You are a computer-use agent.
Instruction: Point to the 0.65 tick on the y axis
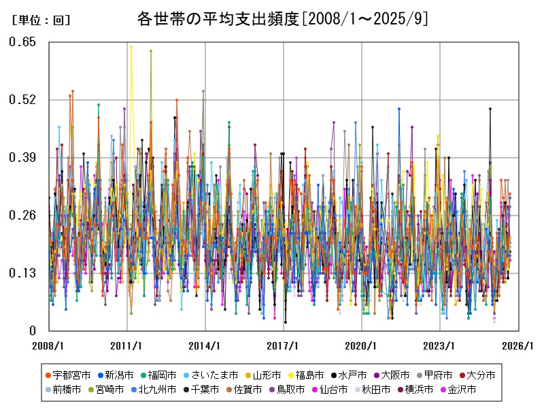(x=22, y=42)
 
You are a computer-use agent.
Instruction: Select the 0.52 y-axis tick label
(x=22, y=100)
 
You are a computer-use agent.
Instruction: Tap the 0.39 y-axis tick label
(x=22, y=158)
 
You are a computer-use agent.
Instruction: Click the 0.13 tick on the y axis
(x=22, y=273)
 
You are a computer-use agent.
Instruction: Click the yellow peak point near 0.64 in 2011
(x=131, y=47)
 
